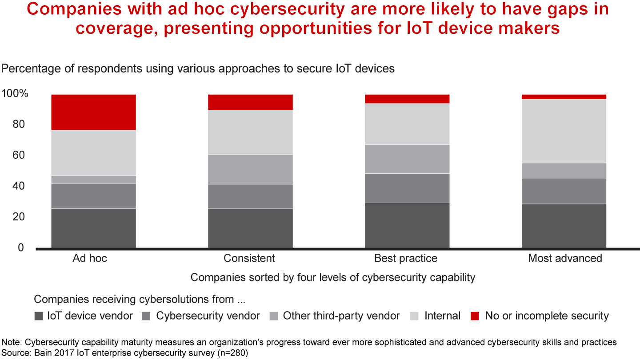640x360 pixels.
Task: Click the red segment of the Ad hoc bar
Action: click(93, 112)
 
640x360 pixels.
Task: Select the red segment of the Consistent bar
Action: click(250, 102)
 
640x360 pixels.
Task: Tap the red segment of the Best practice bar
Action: click(407, 99)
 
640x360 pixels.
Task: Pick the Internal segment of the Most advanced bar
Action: click(564, 131)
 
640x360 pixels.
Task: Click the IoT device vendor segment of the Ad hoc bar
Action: click(93, 228)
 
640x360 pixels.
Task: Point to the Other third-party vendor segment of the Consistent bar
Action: click(250, 169)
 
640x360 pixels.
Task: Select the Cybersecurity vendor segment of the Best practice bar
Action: click(407, 188)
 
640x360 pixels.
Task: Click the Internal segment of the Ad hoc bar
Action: click(93, 153)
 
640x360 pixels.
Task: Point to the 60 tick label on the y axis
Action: click(18, 156)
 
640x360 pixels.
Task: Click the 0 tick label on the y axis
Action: click(21, 248)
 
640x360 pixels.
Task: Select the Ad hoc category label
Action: click(90, 258)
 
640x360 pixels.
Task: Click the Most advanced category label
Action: click(565, 258)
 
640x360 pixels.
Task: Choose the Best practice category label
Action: click(405, 258)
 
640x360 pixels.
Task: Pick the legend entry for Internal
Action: click(442, 316)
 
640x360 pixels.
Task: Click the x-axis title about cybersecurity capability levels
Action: click(333, 277)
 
